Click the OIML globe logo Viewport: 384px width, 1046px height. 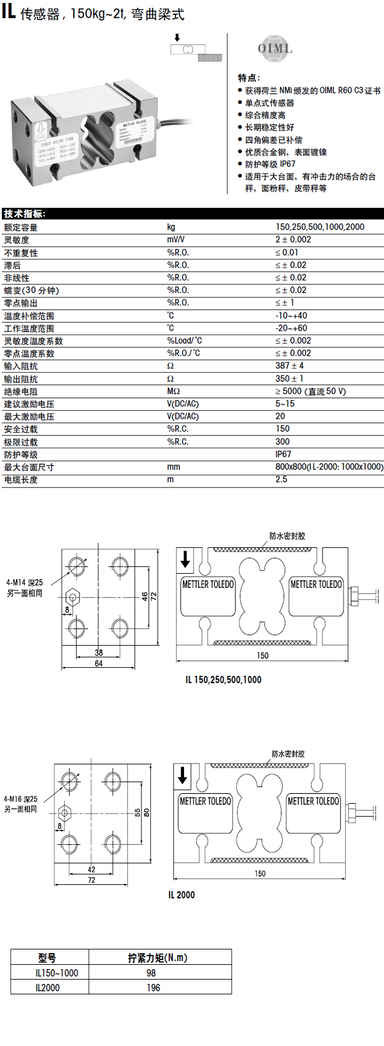coord(274,49)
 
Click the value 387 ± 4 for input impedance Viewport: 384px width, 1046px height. coord(289,366)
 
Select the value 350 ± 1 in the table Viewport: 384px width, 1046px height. coord(289,379)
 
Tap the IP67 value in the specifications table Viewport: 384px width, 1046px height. coord(283,454)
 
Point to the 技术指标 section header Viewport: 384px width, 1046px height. coord(24,214)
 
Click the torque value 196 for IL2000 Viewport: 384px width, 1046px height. coord(153,988)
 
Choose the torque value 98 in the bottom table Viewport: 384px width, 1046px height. coord(151,973)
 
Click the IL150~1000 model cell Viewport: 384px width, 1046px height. coord(57,973)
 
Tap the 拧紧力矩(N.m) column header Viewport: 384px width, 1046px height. coord(158,957)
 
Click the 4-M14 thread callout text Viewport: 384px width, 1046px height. coord(25,582)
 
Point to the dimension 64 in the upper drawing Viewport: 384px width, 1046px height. coord(98,664)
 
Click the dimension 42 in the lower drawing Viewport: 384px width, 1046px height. coord(91,870)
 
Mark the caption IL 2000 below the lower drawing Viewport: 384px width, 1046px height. coord(182,895)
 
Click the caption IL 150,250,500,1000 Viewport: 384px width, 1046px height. coord(223,680)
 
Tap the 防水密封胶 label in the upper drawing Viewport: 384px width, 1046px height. coord(287,536)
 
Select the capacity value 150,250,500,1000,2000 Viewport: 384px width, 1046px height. coord(320,227)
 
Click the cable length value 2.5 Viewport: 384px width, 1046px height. coord(281,479)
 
